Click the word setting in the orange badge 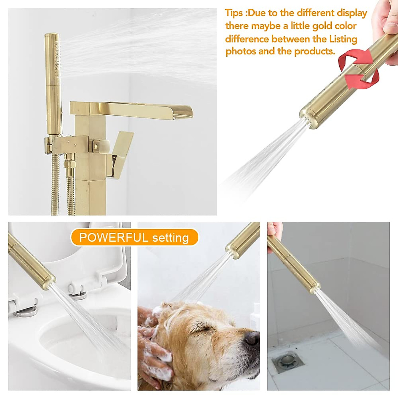[170, 238]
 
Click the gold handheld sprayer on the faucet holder [53, 83]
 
